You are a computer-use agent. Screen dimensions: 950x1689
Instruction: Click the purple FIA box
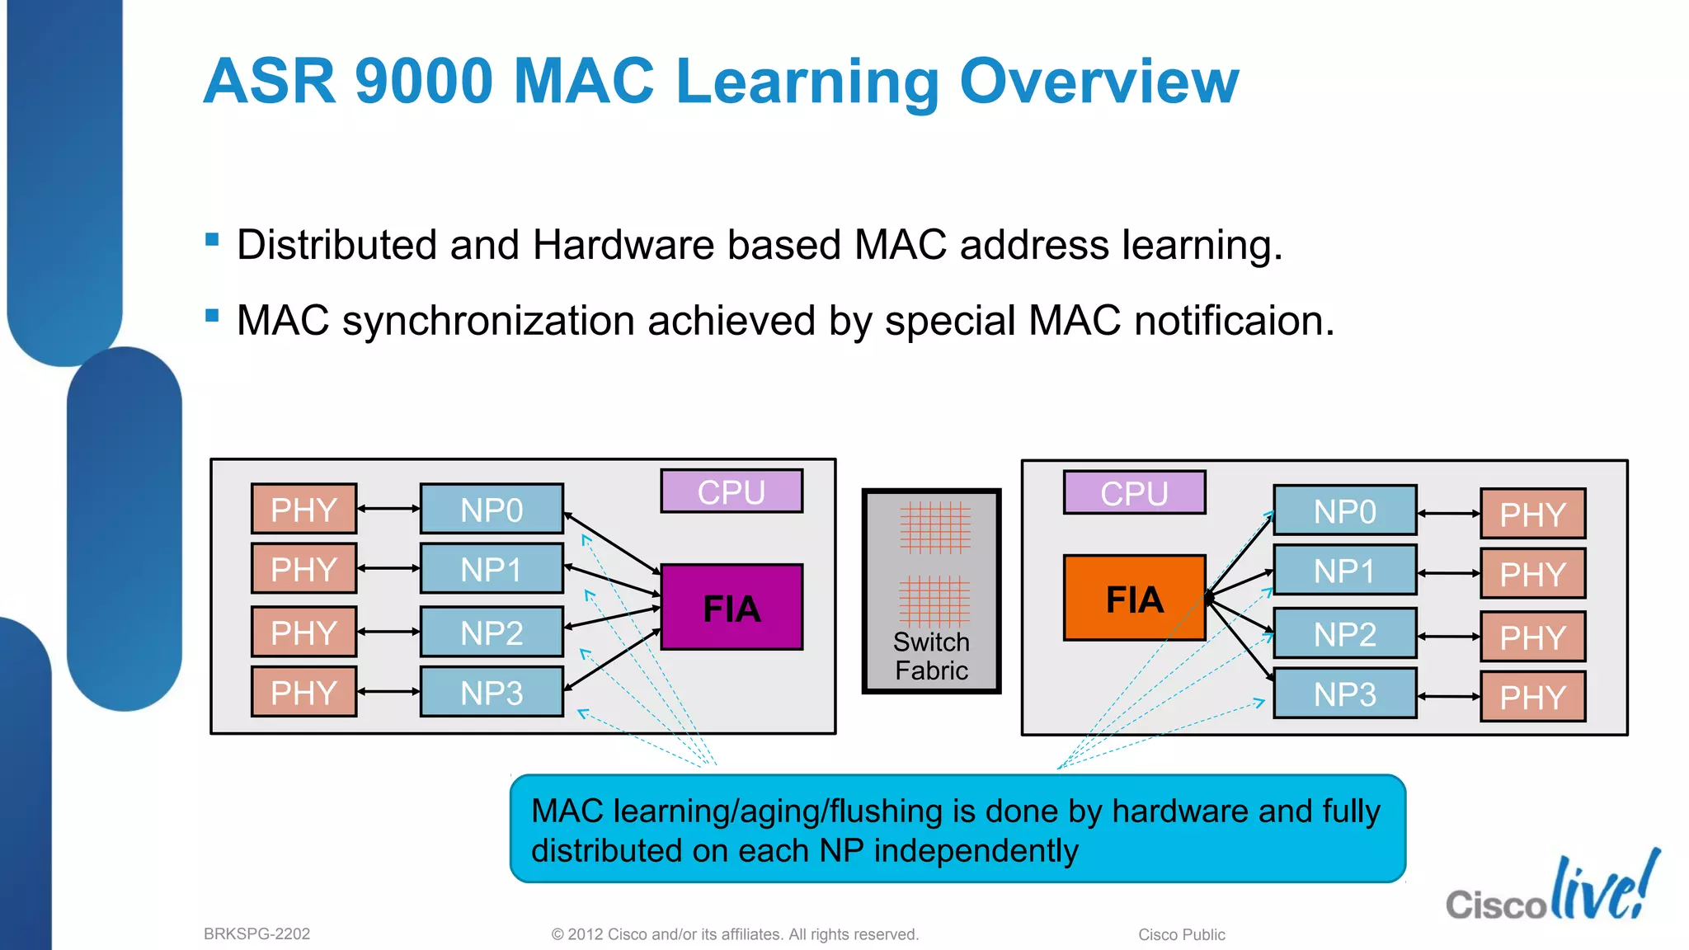[x=732, y=608]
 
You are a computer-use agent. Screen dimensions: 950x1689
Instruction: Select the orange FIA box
[x=1134, y=599]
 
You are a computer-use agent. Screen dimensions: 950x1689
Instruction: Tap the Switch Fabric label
[x=931, y=656]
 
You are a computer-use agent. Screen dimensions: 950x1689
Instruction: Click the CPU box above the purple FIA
[x=732, y=491]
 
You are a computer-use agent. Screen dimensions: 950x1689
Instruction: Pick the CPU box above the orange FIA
[x=1134, y=493]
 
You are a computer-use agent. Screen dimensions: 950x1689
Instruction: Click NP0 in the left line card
[x=492, y=510]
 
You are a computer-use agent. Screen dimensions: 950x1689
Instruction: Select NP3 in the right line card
[x=1344, y=694]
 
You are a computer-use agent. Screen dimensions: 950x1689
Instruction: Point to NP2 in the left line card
[x=492, y=633]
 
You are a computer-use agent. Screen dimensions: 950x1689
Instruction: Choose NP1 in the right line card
[x=1344, y=571]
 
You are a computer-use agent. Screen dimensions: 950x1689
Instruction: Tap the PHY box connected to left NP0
[x=303, y=510]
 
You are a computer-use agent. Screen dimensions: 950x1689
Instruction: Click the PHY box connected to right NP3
[x=1532, y=698]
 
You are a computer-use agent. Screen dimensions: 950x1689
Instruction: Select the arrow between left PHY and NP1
[x=388, y=568]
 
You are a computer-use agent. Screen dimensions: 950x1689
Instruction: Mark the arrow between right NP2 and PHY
[x=1448, y=637]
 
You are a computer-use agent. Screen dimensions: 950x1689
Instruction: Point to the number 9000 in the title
[x=424, y=82]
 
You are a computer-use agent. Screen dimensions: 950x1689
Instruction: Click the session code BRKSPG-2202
[x=256, y=934]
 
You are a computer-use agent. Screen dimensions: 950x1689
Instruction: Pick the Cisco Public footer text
[x=1181, y=935]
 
